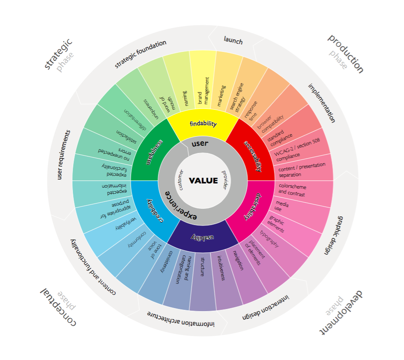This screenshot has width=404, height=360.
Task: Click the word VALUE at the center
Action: (x=203, y=180)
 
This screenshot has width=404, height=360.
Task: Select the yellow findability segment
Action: (x=203, y=124)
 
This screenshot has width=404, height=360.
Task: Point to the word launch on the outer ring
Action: (x=233, y=40)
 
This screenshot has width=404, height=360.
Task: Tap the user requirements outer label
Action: (x=64, y=155)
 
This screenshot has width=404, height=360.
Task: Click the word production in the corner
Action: (x=346, y=54)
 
